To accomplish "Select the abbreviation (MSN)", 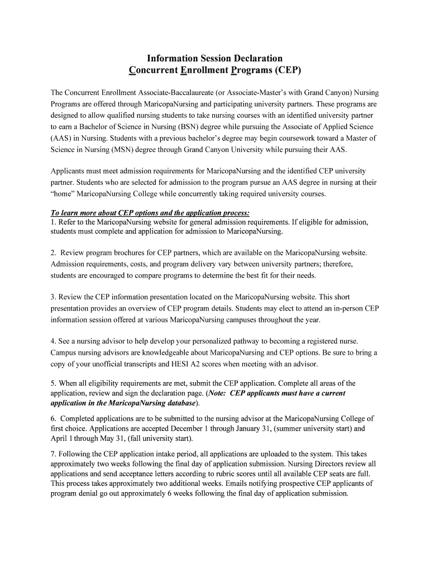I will coord(128,149).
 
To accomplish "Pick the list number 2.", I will coord(53,252).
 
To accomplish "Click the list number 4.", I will coord(53,341).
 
